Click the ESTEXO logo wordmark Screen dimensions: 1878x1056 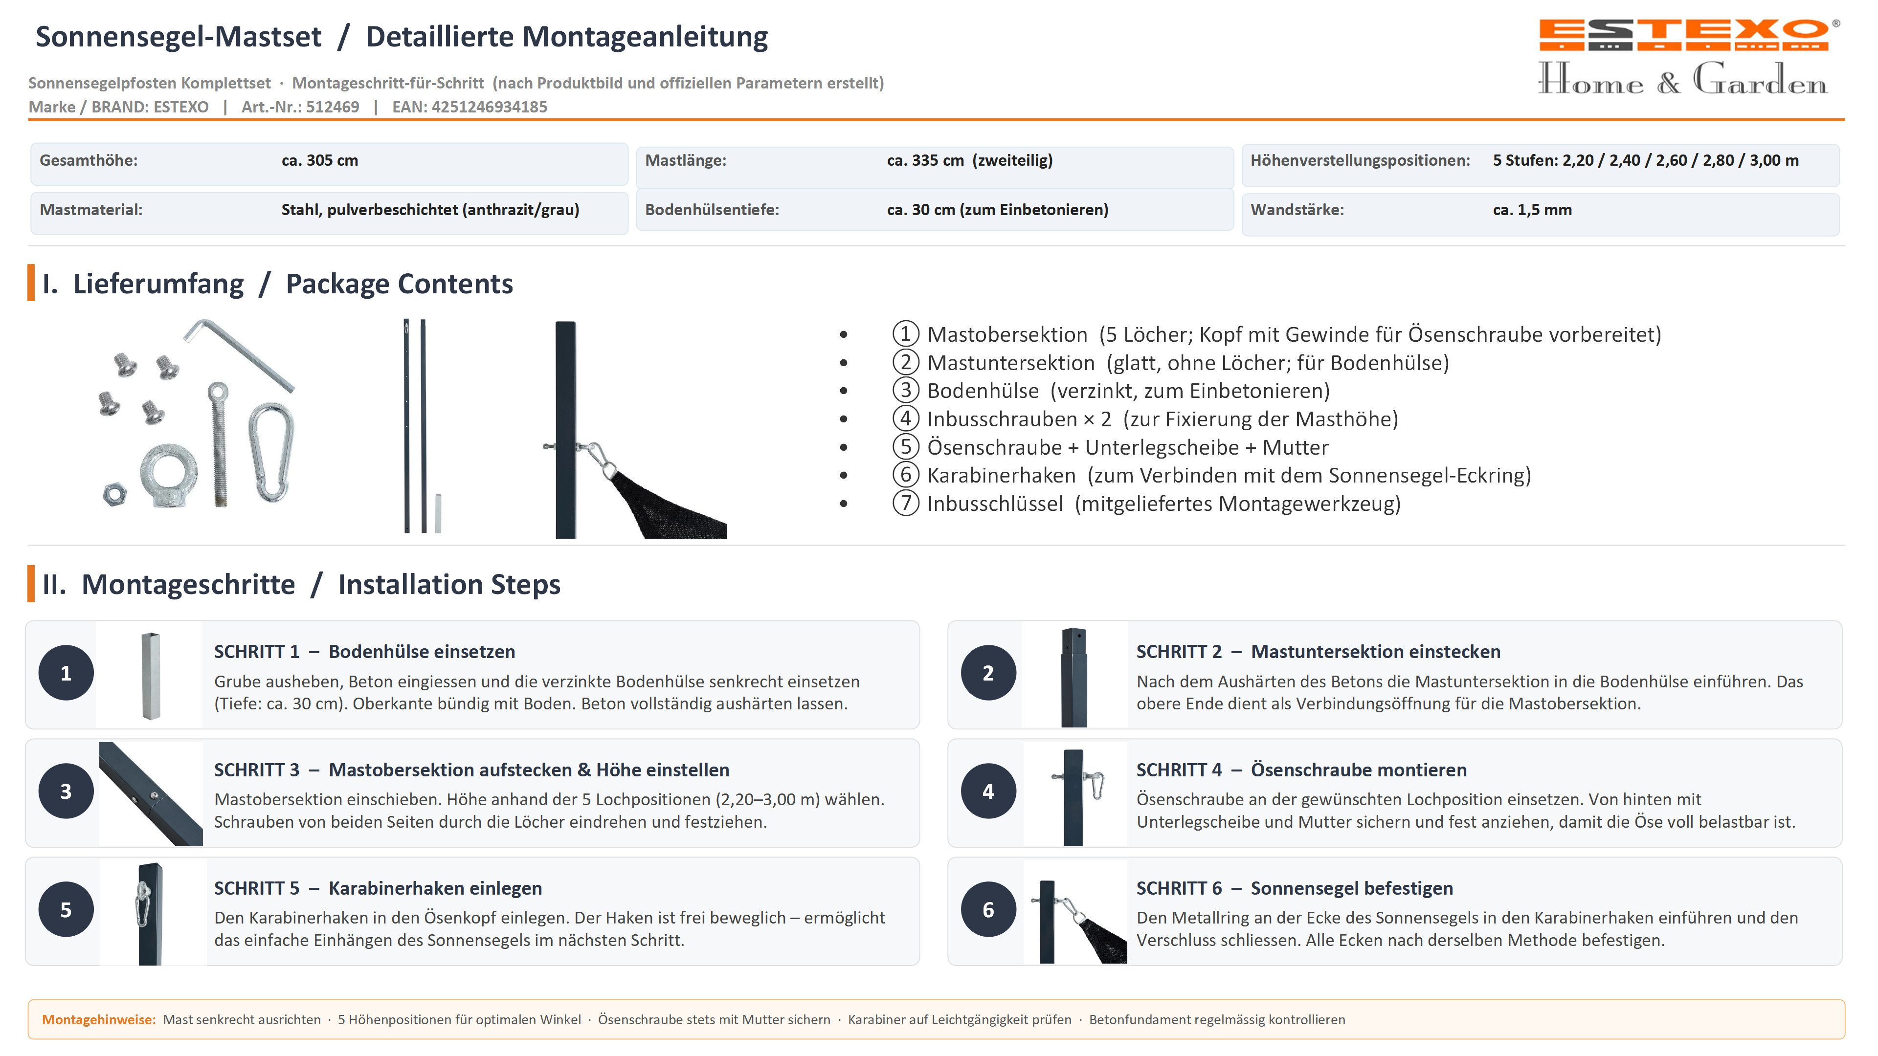tap(1683, 34)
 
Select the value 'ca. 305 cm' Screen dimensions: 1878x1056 tap(319, 160)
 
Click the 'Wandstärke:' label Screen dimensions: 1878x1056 tap(1297, 210)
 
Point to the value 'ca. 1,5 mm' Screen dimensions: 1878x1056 tap(1532, 210)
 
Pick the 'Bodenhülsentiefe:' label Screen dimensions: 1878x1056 tap(712, 210)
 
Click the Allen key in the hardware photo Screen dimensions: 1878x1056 tap(238, 355)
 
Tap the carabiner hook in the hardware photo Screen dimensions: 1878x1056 tap(271, 452)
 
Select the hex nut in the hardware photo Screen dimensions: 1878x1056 tap(114, 494)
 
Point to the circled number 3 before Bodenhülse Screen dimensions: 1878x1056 tap(905, 391)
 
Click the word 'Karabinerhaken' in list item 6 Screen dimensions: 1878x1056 tap(1001, 475)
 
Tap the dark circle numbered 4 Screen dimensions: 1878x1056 tap(988, 792)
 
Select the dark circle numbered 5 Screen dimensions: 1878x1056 tap(66, 909)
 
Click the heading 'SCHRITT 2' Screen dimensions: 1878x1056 tap(1178, 652)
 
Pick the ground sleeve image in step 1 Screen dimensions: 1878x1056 tap(151, 676)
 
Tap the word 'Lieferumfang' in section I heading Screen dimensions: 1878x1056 tap(158, 284)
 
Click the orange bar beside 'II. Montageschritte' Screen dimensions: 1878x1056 tap(31, 584)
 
